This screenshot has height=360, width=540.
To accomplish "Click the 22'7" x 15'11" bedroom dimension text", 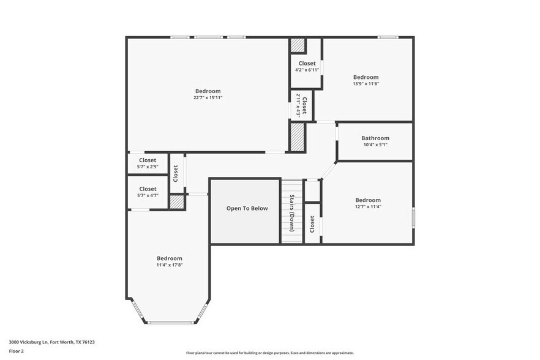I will pyautogui.click(x=208, y=98).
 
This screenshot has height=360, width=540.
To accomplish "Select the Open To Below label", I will pyautogui.click(x=247, y=209).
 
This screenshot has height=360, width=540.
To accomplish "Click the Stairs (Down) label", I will pyautogui.click(x=292, y=213).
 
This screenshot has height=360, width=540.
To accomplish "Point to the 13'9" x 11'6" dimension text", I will pyautogui.click(x=366, y=84).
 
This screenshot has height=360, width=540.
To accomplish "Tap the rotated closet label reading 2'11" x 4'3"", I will pyautogui.click(x=301, y=105).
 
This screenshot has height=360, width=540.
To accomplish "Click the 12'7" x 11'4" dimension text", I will pyautogui.click(x=368, y=207).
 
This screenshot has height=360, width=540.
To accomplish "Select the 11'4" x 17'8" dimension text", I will pyautogui.click(x=169, y=265).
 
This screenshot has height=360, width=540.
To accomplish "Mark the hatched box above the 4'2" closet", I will pyautogui.click(x=298, y=45).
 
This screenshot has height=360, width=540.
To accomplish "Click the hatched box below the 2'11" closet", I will pyautogui.click(x=298, y=136).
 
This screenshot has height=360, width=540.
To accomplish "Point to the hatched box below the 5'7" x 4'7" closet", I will pyautogui.click(x=176, y=202).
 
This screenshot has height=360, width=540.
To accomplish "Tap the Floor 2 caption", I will pyautogui.click(x=17, y=351).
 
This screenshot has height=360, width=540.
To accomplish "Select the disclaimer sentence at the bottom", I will pyautogui.click(x=269, y=353).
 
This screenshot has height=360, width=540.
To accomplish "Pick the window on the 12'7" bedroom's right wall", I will pyautogui.click(x=413, y=218).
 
